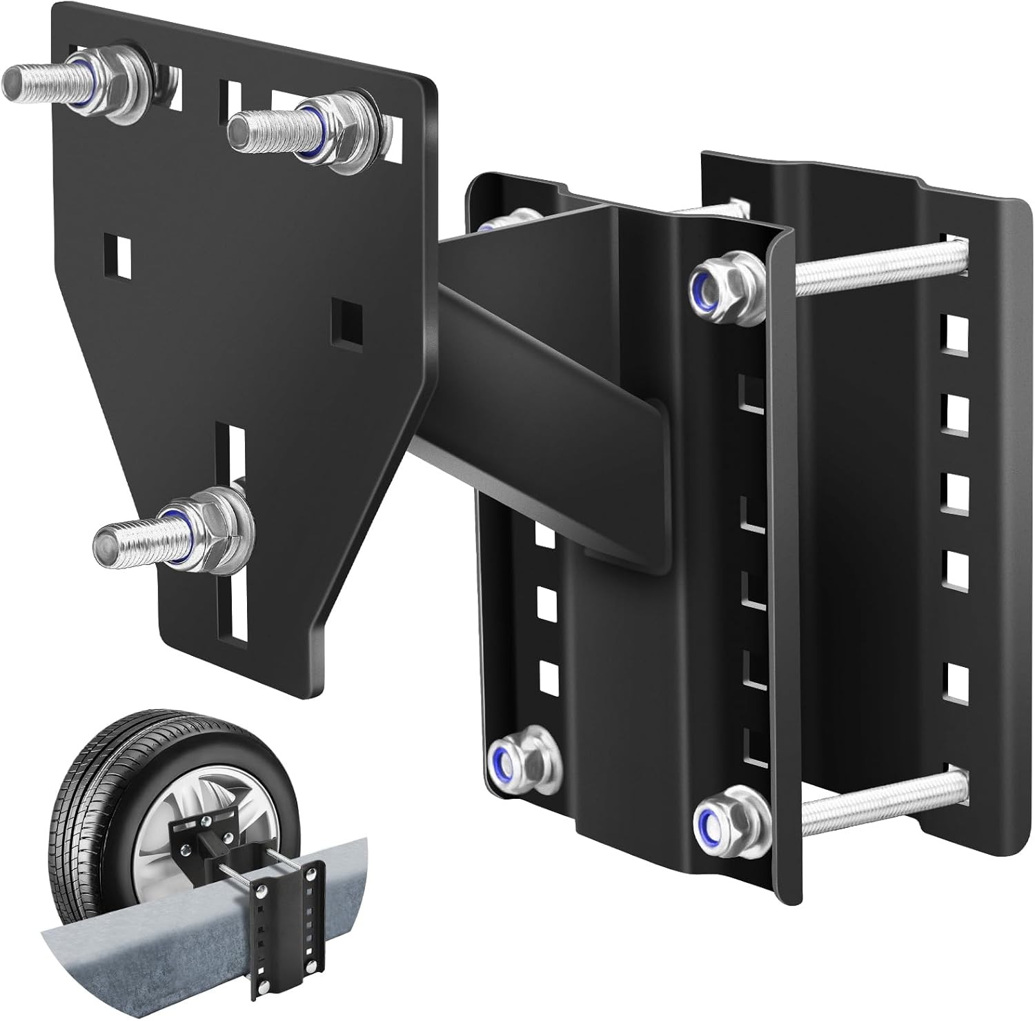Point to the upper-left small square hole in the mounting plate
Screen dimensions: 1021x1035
pyautogui.click(x=121, y=253)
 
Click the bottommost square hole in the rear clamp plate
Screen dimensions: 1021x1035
pyautogui.click(x=954, y=681)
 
